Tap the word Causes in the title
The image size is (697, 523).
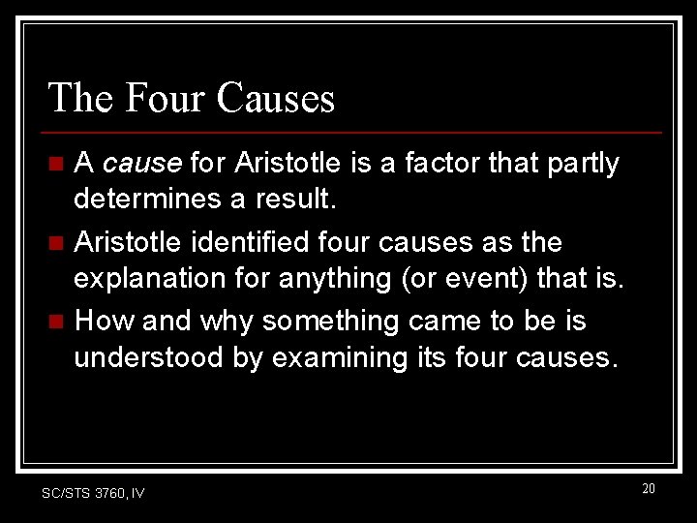[x=276, y=98]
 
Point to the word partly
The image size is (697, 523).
[x=581, y=165]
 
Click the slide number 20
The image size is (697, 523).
[x=649, y=488]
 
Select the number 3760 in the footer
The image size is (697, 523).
[x=110, y=493]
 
